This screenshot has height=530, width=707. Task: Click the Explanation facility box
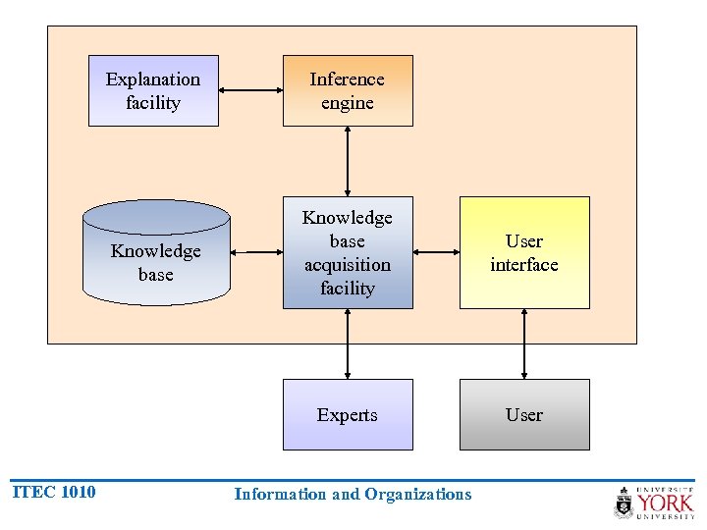(153, 90)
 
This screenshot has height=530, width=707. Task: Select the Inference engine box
(348, 90)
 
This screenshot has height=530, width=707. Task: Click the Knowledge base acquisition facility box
(348, 252)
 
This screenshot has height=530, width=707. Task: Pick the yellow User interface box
(524, 252)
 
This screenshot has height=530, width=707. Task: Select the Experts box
(348, 414)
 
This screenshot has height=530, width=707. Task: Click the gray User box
(524, 414)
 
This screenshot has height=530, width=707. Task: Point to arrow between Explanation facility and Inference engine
(250, 90)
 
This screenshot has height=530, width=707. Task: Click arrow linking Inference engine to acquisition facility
(348, 161)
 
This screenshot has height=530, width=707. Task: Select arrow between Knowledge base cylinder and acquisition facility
(256, 252)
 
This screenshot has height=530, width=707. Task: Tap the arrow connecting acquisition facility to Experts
(348, 344)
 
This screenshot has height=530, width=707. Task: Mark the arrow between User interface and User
(524, 344)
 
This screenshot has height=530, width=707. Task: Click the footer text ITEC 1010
(54, 492)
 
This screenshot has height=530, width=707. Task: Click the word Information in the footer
(281, 495)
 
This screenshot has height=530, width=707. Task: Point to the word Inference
(348, 79)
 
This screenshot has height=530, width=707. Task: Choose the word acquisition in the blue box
(348, 265)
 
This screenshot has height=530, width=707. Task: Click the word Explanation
(153, 79)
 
